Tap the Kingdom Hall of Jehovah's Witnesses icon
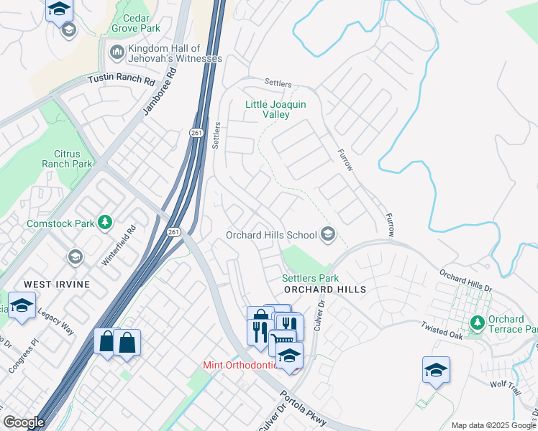click(x=116, y=52)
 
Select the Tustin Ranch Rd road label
click(x=122, y=80)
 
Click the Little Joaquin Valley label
click(x=275, y=109)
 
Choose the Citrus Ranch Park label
click(x=73, y=159)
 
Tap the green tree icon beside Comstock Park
click(x=106, y=223)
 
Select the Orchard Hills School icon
click(x=328, y=235)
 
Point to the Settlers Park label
click(x=310, y=278)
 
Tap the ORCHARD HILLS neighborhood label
click(x=324, y=289)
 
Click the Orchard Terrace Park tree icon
click(x=476, y=323)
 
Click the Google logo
click(x=24, y=422)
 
